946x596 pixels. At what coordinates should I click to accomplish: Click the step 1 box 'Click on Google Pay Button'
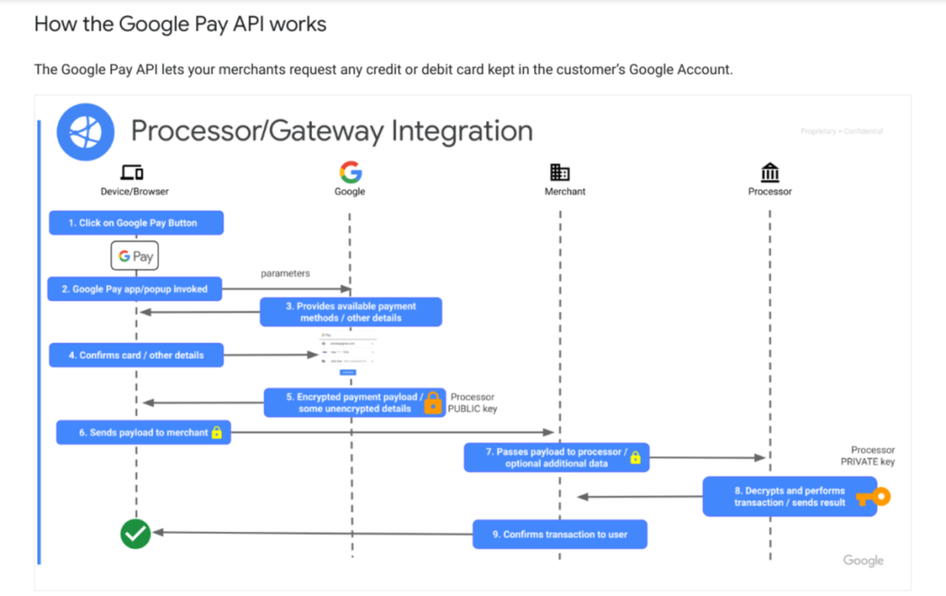pyautogui.click(x=137, y=223)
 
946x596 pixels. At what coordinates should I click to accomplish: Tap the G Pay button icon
pyautogui.click(x=136, y=256)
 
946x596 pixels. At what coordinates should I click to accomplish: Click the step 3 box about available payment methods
pyautogui.click(x=351, y=312)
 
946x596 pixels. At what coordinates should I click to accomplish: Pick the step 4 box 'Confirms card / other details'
pyautogui.click(x=136, y=355)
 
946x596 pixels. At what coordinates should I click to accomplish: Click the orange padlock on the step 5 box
pyautogui.click(x=432, y=402)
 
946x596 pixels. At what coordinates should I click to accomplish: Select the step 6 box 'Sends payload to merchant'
pyautogui.click(x=143, y=432)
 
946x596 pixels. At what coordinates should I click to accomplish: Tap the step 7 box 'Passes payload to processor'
pyautogui.click(x=556, y=458)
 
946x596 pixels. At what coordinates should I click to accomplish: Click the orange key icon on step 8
pyautogui.click(x=871, y=497)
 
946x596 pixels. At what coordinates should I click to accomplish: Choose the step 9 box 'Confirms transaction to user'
pyautogui.click(x=560, y=534)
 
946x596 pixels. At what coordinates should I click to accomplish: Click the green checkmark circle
pyautogui.click(x=136, y=533)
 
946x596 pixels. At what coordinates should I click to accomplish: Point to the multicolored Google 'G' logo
pyautogui.click(x=350, y=172)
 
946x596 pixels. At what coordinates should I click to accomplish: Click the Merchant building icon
pyautogui.click(x=560, y=173)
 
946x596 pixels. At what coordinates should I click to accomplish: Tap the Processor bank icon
pyautogui.click(x=770, y=173)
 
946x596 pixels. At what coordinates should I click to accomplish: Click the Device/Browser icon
pyautogui.click(x=134, y=173)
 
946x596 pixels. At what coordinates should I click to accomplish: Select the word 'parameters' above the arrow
pyautogui.click(x=285, y=274)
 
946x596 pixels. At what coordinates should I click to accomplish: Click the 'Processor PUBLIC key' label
pyautogui.click(x=473, y=402)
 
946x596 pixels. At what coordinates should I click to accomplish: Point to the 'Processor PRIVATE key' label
pyautogui.click(x=867, y=456)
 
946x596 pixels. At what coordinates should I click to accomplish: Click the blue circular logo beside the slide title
pyautogui.click(x=85, y=132)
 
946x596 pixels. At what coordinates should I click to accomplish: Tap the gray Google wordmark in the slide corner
pyautogui.click(x=863, y=560)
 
